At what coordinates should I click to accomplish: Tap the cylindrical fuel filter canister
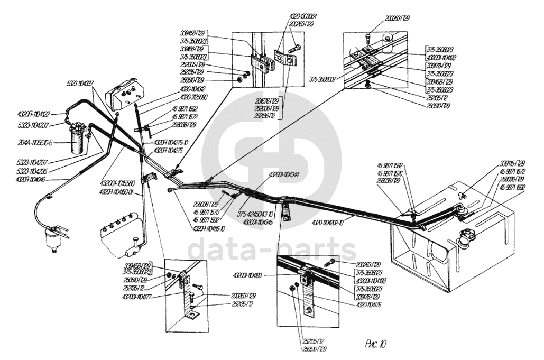pos(80,137)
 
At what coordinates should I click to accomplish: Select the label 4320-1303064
pos(291,17)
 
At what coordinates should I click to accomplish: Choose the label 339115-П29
pos(511,163)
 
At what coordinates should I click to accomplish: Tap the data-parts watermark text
pos(272,249)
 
